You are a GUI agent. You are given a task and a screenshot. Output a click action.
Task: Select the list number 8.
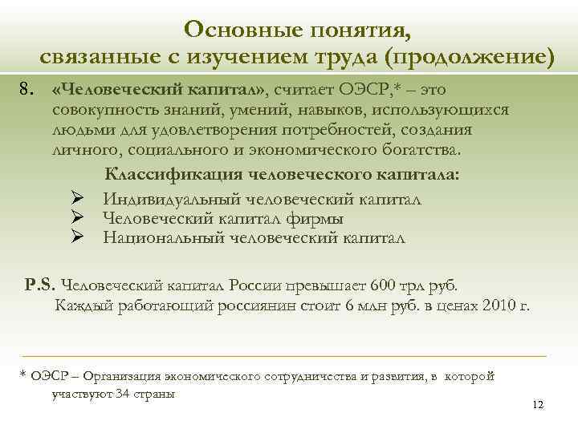coord(28,87)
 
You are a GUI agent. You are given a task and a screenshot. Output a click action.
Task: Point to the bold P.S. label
coord(40,284)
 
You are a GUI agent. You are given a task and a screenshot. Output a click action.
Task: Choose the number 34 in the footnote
coord(124,394)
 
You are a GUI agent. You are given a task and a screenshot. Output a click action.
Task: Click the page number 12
coord(538,406)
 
